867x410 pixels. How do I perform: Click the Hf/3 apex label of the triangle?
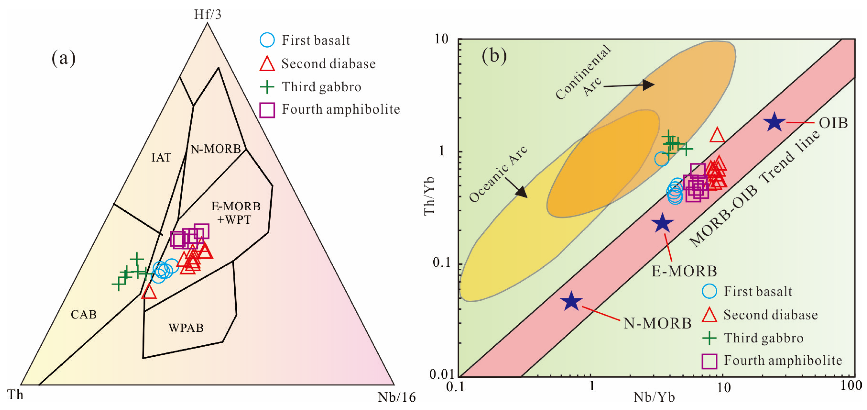tap(207, 14)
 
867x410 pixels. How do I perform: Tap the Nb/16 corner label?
tap(397, 397)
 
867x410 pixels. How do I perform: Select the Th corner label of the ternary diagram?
tap(15, 395)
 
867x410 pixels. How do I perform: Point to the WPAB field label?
tap(186, 328)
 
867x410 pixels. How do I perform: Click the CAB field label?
tap(84, 315)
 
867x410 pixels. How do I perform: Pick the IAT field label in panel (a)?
tap(161, 157)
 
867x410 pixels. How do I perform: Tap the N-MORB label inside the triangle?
tap(216, 149)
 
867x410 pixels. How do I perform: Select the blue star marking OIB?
tap(774, 122)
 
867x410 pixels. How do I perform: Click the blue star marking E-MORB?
tap(662, 223)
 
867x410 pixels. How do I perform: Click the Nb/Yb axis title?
tap(654, 397)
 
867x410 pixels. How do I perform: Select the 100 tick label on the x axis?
tap(851, 385)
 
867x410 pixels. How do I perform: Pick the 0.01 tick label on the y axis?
tap(441, 374)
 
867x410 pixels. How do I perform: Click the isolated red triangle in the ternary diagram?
tap(149, 292)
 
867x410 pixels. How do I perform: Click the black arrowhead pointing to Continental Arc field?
tap(648, 85)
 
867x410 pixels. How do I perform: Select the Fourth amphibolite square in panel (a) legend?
tap(267, 110)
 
